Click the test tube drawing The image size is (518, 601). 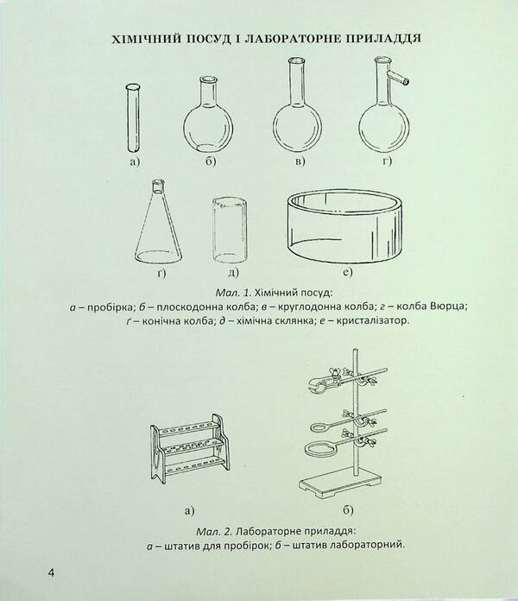(133, 117)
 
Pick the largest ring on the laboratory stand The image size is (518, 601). (319, 450)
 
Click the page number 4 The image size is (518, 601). (28, 574)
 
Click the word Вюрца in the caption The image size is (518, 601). (449, 307)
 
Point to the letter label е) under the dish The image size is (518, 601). (347, 274)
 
